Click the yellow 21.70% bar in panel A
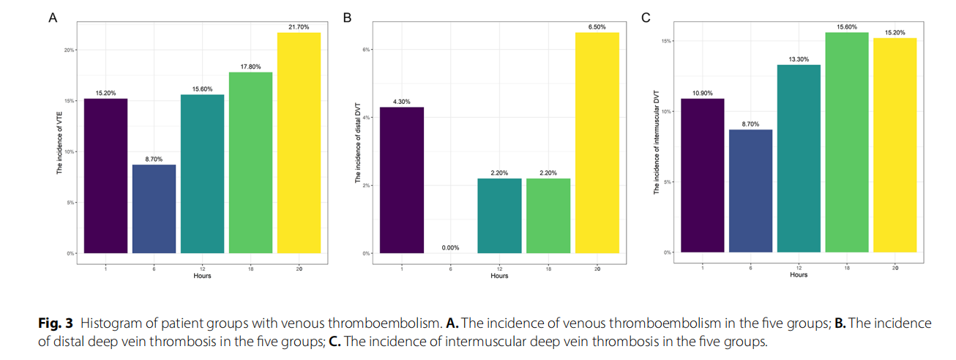pyautogui.click(x=299, y=143)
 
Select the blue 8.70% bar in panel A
pyautogui.click(x=154, y=209)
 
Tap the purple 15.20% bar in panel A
pyautogui.click(x=105, y=176)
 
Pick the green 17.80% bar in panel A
pyautogui.click(x=250, y=162)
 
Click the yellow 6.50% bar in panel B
pyautogui.click(x=597, y=143)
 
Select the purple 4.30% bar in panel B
pyautogui.click(x=402, y=180)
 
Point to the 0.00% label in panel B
pyautogui.click(x=450, y=247)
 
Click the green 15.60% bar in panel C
pyautogui.click(x=847, y=143)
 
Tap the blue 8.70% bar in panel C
pyautogui.click(x=750, y=191)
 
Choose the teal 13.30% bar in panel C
pyautogui.click(x=799, y=159)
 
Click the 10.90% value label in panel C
pyautogui.click(x=702, y=93)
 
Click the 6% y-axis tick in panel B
pyautogui.click(x=366, y=50)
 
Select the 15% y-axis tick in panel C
pyautogui.click(x=668, y=41)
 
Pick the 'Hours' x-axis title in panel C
pyautogui.click(x=799, y=275)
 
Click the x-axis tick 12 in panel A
pyautogui.click(x=202, y=269)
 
